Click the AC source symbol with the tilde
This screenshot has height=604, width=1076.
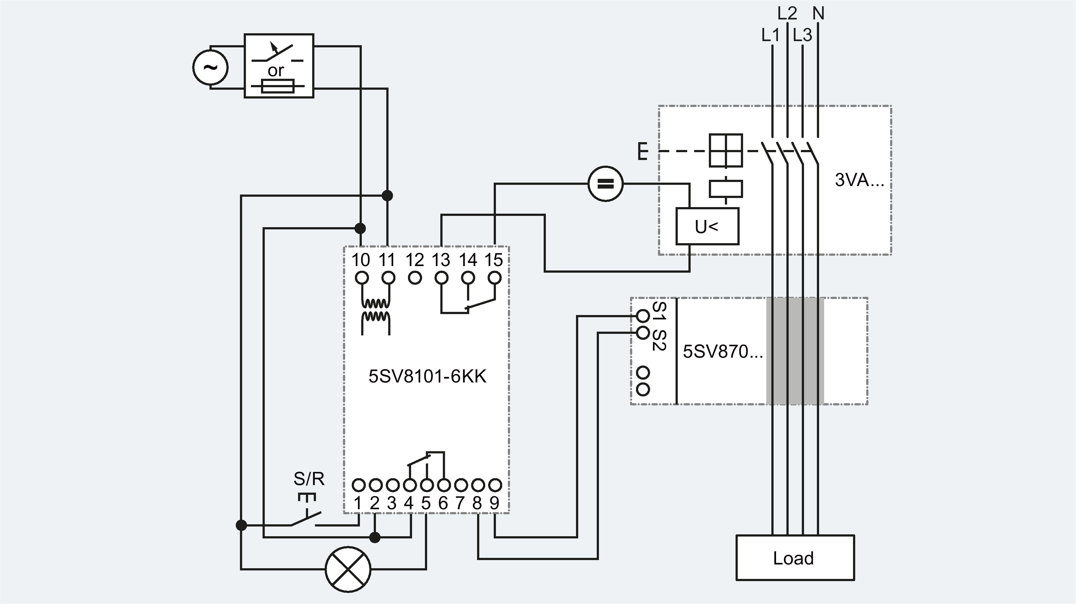click(210, 67)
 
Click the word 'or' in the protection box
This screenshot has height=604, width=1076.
click(276, 71)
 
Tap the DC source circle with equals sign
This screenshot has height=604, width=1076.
click(605, 184)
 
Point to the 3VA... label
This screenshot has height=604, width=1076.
click(859, 180)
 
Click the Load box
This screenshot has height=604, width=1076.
click(795, 558)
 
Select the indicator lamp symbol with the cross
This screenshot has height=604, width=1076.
click(348, 569)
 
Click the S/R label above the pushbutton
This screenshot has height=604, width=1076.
click(309, 479)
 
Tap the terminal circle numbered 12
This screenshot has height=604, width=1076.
click(415, 278)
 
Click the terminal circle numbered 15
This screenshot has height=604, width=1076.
click(495, 278)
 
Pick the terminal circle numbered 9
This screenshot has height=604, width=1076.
click(495, 485)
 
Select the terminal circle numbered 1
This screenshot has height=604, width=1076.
click(358, 485)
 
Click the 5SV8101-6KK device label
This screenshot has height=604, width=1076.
click(427, 377)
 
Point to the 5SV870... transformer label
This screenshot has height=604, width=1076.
click(723, 351)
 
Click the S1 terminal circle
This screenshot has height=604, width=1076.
click(643, 316)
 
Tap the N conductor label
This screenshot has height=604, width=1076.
click(818, 13)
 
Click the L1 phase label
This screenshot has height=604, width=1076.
click(770, 35)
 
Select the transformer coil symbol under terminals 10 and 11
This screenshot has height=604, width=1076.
click(376, 310)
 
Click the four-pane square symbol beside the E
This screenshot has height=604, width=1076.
click(726, 150)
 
